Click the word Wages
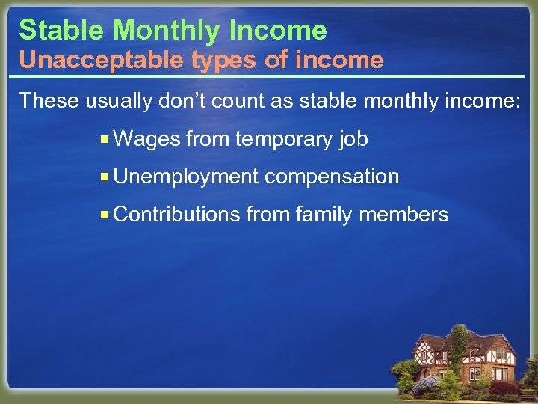[147, 139]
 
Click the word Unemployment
[186, 177]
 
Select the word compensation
[332, 177]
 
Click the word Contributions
[177, 215]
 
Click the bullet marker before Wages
[106, 139]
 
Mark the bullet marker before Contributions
[106, 215]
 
